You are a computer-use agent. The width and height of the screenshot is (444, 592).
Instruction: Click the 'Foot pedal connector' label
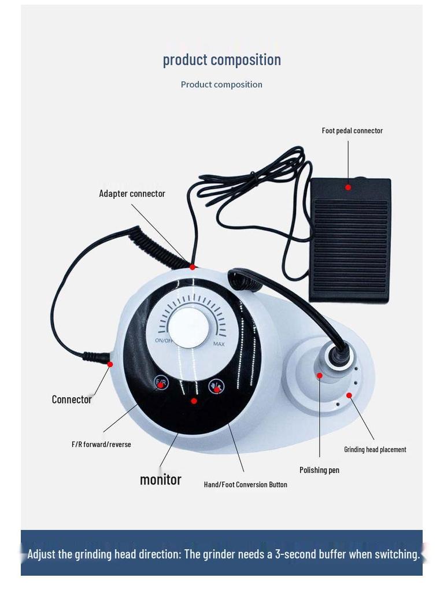pos(352,131)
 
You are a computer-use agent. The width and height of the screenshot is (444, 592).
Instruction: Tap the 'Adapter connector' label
pos(132,194)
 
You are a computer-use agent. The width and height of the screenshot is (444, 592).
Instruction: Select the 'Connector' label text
pos(72,399)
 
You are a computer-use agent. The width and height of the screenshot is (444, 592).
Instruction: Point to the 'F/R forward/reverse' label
pos(101,445)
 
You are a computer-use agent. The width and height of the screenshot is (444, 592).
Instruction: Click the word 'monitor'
pos(161,479)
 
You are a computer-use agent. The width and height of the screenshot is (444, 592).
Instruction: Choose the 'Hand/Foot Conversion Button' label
pos(245,484)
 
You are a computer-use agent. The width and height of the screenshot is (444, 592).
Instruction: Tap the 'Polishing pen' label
pos(319,470)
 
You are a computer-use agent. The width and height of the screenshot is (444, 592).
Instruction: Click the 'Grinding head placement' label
pos(375,449)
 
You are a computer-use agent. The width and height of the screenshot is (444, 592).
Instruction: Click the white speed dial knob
pos(188,327)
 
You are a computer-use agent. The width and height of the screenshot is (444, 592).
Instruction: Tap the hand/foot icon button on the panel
pos(216,386)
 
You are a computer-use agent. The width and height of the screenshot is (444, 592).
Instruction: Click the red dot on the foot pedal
pos(348,187)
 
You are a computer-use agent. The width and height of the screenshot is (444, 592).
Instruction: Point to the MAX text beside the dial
pos(219,344)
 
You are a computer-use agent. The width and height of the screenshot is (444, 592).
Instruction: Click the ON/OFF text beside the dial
pos(164,341)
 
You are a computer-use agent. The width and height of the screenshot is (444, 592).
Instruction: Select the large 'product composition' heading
pos(222,60)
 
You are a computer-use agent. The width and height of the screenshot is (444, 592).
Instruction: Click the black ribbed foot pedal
pos(350,240)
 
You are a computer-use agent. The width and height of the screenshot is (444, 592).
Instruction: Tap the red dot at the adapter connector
pos(193,267)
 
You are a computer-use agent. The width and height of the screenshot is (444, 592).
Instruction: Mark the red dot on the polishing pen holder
pos(319,375)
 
